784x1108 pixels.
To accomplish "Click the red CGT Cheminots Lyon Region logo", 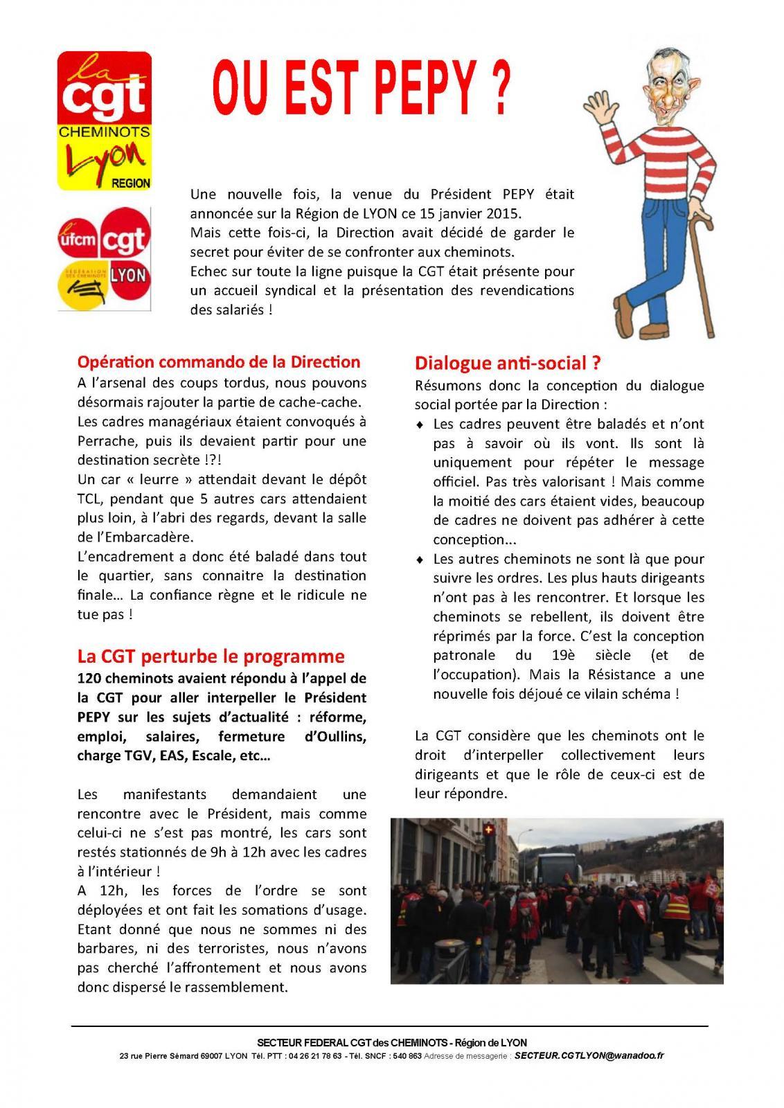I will [x=104, y=120].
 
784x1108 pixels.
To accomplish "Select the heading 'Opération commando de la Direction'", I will [x=218, y=362].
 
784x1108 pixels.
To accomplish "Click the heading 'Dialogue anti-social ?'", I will [x=507, y=364].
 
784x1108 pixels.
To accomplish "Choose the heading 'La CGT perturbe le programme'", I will [x=211, y=656].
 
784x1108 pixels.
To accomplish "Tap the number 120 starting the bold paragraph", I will [x=90, y=678].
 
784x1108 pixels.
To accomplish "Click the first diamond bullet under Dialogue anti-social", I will [x=420, y=425].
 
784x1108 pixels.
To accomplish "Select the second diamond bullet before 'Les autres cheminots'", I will [x=420, y=559].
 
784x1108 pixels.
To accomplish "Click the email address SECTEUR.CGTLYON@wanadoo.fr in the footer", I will [x=589, y=1056].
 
